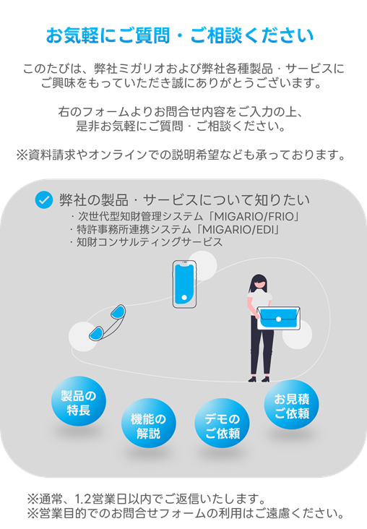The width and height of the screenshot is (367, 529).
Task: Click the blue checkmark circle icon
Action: point(44,199)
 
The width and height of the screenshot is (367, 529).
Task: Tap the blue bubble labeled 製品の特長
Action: point(79,401)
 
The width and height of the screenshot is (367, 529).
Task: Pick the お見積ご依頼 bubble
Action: point(291,405)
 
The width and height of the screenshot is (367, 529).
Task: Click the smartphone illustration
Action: point(184,284)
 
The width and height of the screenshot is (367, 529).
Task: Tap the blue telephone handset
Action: point(107,322)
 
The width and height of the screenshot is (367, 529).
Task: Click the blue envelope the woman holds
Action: point(278,319)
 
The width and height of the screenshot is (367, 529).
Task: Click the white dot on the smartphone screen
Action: point(184,298)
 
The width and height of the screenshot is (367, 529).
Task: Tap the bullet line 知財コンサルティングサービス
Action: point(150,242)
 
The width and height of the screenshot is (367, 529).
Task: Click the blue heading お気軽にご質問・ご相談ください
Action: point(180,35)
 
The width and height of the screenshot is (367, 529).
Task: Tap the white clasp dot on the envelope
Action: point(279,319)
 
